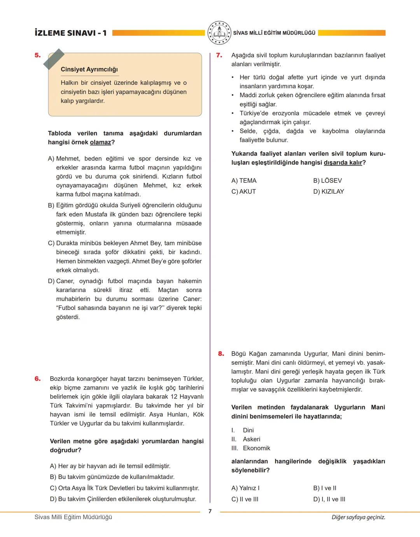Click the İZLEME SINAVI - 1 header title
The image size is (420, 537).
tap(70, 33)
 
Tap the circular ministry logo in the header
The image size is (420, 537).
tap(219, 33)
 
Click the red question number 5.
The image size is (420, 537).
tap(37, 55)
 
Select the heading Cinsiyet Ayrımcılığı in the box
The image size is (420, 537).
tap(89, 69)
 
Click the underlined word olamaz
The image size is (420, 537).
tap(100, 142)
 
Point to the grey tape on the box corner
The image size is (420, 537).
tap(54, 59)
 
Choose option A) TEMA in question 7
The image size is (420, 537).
tap(244, 180)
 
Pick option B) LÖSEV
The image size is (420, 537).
tap(327, 180)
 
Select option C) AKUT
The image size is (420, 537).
tap(243, 191)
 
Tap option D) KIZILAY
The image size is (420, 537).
tap(328, 191)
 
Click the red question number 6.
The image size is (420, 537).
tap(37, 379)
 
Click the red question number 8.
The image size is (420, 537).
tap(221, 354)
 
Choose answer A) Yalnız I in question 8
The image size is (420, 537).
tap(245, 488)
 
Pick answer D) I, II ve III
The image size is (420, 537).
tap(329, 499)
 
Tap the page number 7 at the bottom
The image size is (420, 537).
tap(210, 511)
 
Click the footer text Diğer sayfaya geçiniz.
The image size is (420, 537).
tap(358, 517)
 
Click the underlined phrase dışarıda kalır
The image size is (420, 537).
tap(343, 163)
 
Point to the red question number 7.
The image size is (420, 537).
tap(219, 55)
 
